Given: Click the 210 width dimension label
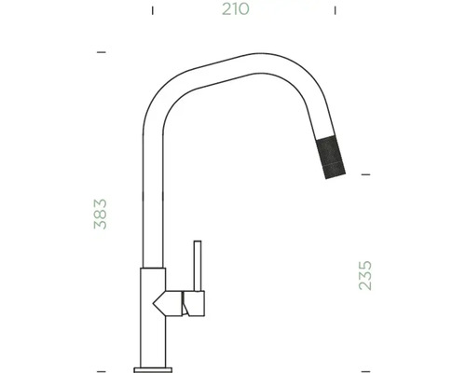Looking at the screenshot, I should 235,10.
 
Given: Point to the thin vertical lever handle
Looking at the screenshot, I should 197,266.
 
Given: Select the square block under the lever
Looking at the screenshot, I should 196,302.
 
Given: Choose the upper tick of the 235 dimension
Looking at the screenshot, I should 365,174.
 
